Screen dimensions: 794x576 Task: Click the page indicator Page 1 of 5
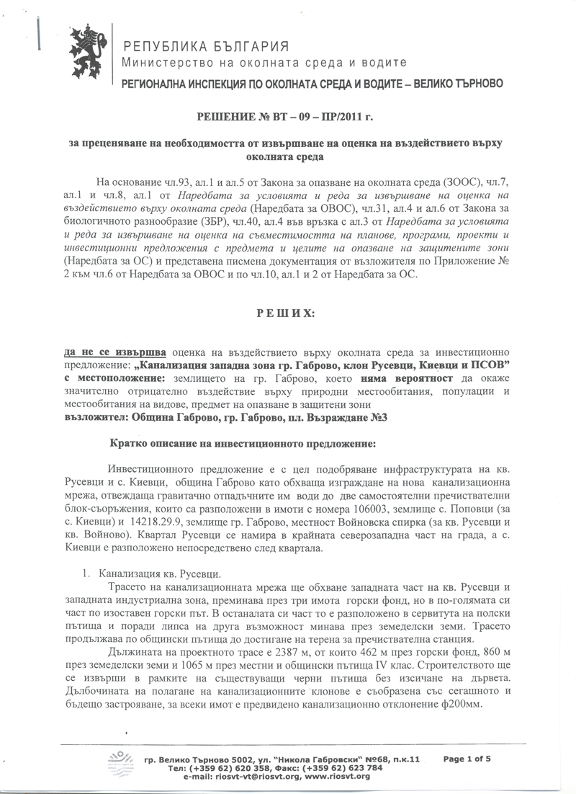point(467,758)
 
